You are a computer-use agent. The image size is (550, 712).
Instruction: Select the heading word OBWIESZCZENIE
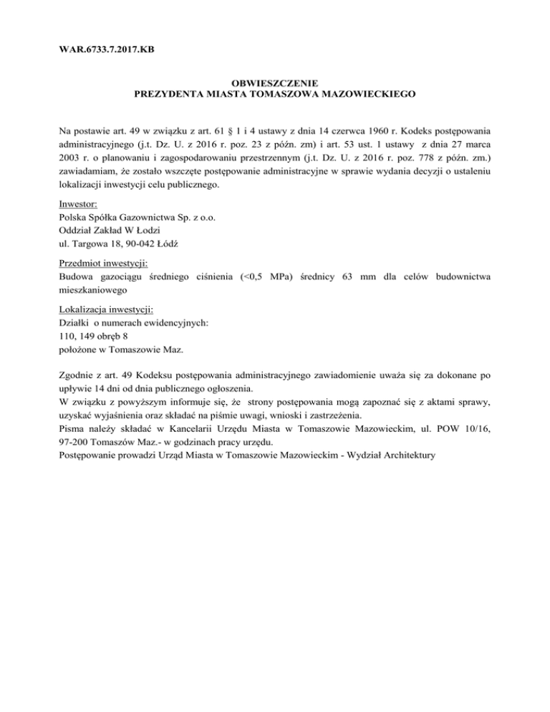pos(275,83)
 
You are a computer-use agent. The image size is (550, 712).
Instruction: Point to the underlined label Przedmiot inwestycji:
pos(104,264)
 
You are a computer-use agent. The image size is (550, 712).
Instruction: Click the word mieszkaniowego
pos(93,292)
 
